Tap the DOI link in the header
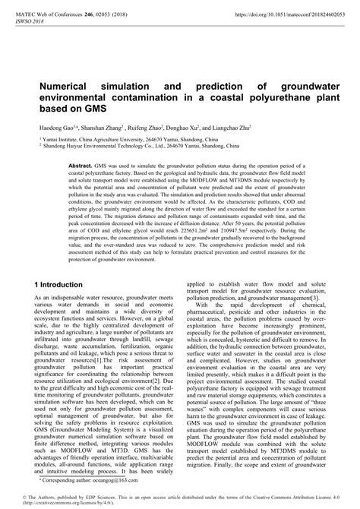click(x=273, y=14)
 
